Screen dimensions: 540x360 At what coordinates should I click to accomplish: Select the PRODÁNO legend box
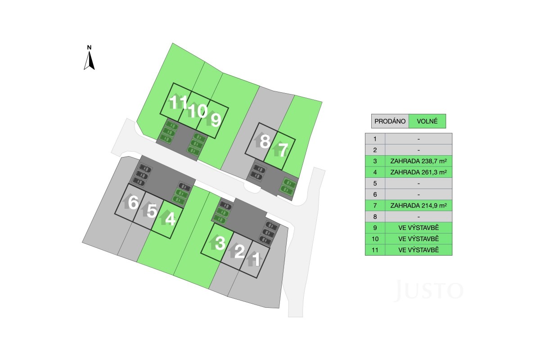(x=390, y=121)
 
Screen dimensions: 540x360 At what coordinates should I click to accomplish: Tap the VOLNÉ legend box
(x=427, y=121)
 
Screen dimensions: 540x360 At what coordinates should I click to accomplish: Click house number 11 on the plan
(x=178, y=102)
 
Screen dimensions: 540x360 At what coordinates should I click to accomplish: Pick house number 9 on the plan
(x=216, y=120)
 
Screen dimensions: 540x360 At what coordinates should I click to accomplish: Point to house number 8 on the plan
(x=265, y=141)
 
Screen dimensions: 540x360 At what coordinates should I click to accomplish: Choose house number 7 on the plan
(x=283, y=150)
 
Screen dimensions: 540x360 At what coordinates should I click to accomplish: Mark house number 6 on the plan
(x=133, y=202)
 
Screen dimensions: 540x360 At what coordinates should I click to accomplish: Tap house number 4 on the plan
(x=171, y=219)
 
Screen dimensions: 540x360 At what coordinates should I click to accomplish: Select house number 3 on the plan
(x=220, y=243)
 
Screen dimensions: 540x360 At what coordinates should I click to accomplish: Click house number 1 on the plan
(x=257, y=259)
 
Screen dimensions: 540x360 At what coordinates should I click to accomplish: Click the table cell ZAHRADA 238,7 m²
(x=418, y=161)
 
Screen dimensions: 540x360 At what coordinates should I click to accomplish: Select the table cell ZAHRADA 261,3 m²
(x=418, y=172)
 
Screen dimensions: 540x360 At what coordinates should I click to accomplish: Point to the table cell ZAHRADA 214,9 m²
(x=418, y=206)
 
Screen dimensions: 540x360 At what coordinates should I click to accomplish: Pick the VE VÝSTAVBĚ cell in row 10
(x=418, y=238)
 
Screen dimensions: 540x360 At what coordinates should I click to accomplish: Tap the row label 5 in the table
(x=375, y=183)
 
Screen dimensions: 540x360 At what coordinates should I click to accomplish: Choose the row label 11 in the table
(x=375, y=250)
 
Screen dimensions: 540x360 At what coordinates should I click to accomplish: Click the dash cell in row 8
(x=418, y=216)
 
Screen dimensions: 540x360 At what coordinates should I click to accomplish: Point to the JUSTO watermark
(x=428, y=290)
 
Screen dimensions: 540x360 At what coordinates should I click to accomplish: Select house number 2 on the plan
(x=239, y=251)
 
